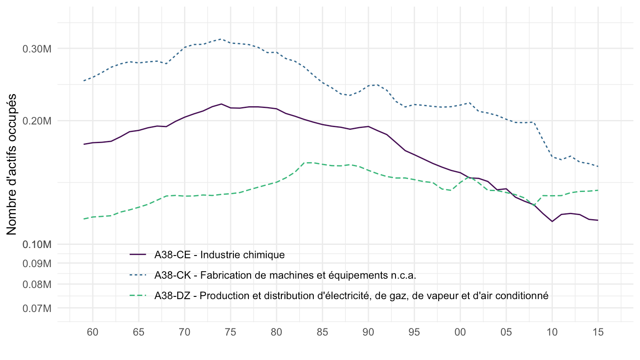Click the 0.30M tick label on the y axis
pos(37,48)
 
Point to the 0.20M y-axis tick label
pos(37,121)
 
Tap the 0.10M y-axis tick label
pos(37,244)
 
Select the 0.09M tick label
pos(37,264)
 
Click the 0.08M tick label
pos(37,284)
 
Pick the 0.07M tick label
pos(37,308)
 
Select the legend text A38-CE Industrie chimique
pos(219,255)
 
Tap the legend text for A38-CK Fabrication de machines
pos(285,275)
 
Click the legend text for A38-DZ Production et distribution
pos(351,296)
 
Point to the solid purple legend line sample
pos(138,255)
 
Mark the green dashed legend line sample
pos(138,296)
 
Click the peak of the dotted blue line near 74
pos(221,39)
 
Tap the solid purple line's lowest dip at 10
pos(552,221)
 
